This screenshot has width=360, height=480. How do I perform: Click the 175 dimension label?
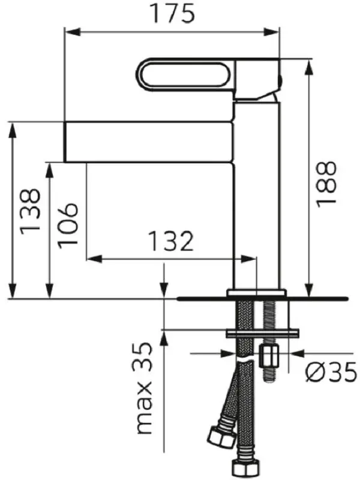click(173, 13)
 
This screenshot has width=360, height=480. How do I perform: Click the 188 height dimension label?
click(326, 185)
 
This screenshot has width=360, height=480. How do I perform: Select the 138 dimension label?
click(30, 212)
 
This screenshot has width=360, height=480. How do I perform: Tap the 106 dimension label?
click(68, 226)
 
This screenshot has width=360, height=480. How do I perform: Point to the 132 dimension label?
click(171, 241)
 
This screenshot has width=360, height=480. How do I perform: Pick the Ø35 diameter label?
click(331, 371)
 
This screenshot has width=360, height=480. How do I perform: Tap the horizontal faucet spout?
click(149, 142)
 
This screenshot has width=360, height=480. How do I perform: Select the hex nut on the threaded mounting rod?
click(269, 356)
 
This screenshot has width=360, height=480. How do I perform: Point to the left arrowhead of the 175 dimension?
click(73, 32)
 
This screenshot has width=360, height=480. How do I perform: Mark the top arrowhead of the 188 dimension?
click(310, 66)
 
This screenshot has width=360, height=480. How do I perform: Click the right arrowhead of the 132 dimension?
click(247, 259)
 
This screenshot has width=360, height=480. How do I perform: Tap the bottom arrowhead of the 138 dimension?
click(12, 290)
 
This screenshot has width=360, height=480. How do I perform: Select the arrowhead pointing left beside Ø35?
click(298, 353)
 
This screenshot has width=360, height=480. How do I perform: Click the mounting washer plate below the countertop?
click(262, 333)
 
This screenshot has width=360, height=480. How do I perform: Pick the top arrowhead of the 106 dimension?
click(50, 170)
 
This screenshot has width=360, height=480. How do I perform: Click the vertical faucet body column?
click(257, 196)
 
